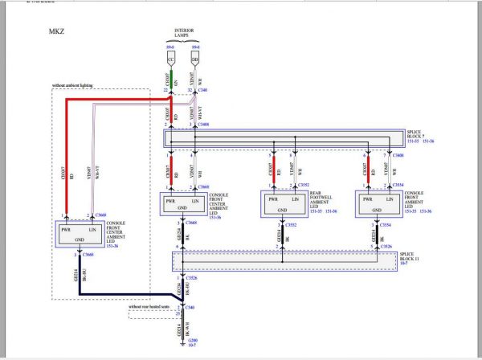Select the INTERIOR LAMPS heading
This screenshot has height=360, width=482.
(x=186, y=35)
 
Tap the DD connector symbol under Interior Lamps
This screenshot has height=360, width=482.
(x=195, y=59)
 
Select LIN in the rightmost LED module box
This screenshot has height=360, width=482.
(x=391, y=197)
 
